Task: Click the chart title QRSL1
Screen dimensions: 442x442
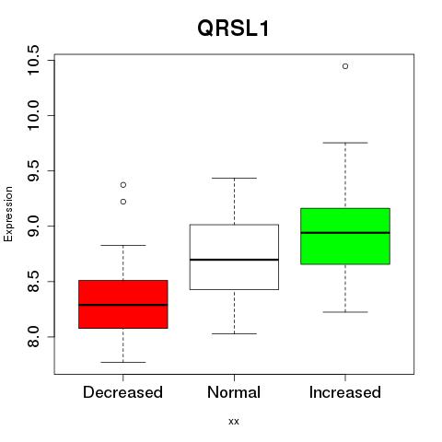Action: [233, 29]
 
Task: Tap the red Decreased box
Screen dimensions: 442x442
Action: [123, 304]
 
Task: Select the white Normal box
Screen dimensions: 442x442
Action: [234, 257]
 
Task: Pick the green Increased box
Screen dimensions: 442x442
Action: [345, 236]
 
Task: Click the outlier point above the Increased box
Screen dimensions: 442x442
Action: [345, 66]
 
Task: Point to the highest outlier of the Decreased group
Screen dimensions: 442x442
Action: [123, 185]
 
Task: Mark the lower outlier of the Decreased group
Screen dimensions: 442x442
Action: [123, 202]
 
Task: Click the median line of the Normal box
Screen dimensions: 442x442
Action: [234, 260]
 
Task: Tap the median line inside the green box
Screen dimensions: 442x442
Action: [345, 233]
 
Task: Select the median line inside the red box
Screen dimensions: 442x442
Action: [123, 305]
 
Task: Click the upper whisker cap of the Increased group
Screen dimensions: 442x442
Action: [345, 143]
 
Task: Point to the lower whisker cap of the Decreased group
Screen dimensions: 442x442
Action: [123, 362]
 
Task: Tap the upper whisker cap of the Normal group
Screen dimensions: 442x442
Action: [234, 178]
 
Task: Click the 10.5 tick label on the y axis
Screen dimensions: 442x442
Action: [32, 60]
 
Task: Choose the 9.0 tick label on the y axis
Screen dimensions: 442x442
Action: [32, 226]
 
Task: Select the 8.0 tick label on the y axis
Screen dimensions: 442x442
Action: [32, 337]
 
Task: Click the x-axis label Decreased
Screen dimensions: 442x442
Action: [122, 392]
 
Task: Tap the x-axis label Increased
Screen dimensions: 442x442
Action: [345, 392]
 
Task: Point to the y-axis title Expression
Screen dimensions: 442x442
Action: [8, 214]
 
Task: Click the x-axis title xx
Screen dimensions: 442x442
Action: [234, 422]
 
